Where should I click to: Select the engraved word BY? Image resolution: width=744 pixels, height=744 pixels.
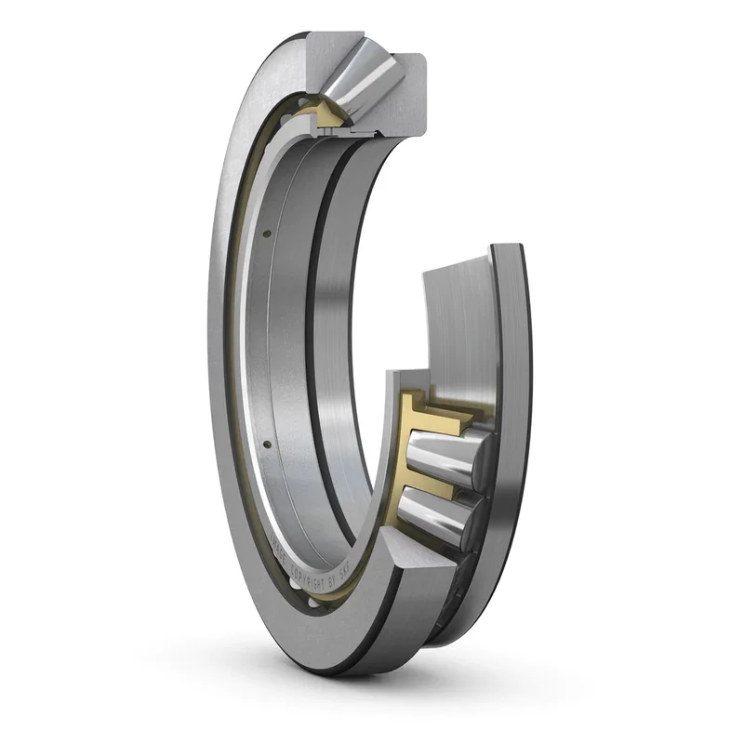pyautogui.click(x=330, y=579)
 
